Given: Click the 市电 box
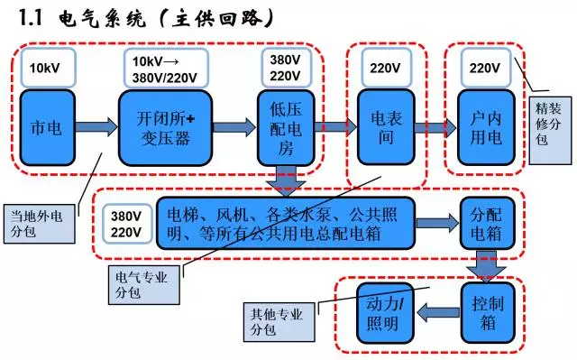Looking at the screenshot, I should (x=47, y=127).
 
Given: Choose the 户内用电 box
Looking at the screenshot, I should (x=483, y=127).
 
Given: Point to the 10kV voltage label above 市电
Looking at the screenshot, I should (x=47, y=68).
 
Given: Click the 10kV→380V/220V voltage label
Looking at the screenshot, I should (x=164, y=68).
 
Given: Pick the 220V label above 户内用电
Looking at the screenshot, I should (x=484, y=68).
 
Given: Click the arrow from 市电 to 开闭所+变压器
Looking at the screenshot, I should (x=96, y=127).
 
